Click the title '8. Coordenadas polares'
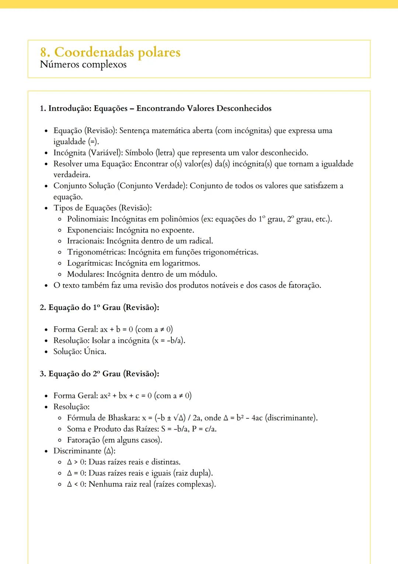pyautogui.click(x=110, y=52)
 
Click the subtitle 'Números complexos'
pyautogui.click(x=83, y=65)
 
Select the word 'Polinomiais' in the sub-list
pyautogui.click(x=88, y=219)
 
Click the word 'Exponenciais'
pyautogui.click(x=90, y=230)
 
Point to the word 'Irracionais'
pyautogui.click(x=85, y=241)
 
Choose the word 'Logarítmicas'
pyautogui.click(x=90, y=263)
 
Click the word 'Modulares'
pyautogui.click(x=85, y=274)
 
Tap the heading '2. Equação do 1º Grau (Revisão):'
pyautogui.click(x=99, y=307)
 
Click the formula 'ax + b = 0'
pyautogui.click(x=116, y=329)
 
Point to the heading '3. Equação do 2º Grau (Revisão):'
pyautogui.click(x=99, y=374)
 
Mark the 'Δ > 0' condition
pyautogui.click(x=76, y=462)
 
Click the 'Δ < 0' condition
pyautogui.click(x=76, y=484)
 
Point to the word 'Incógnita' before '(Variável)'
pyautogui.click(x=70, y=152)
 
